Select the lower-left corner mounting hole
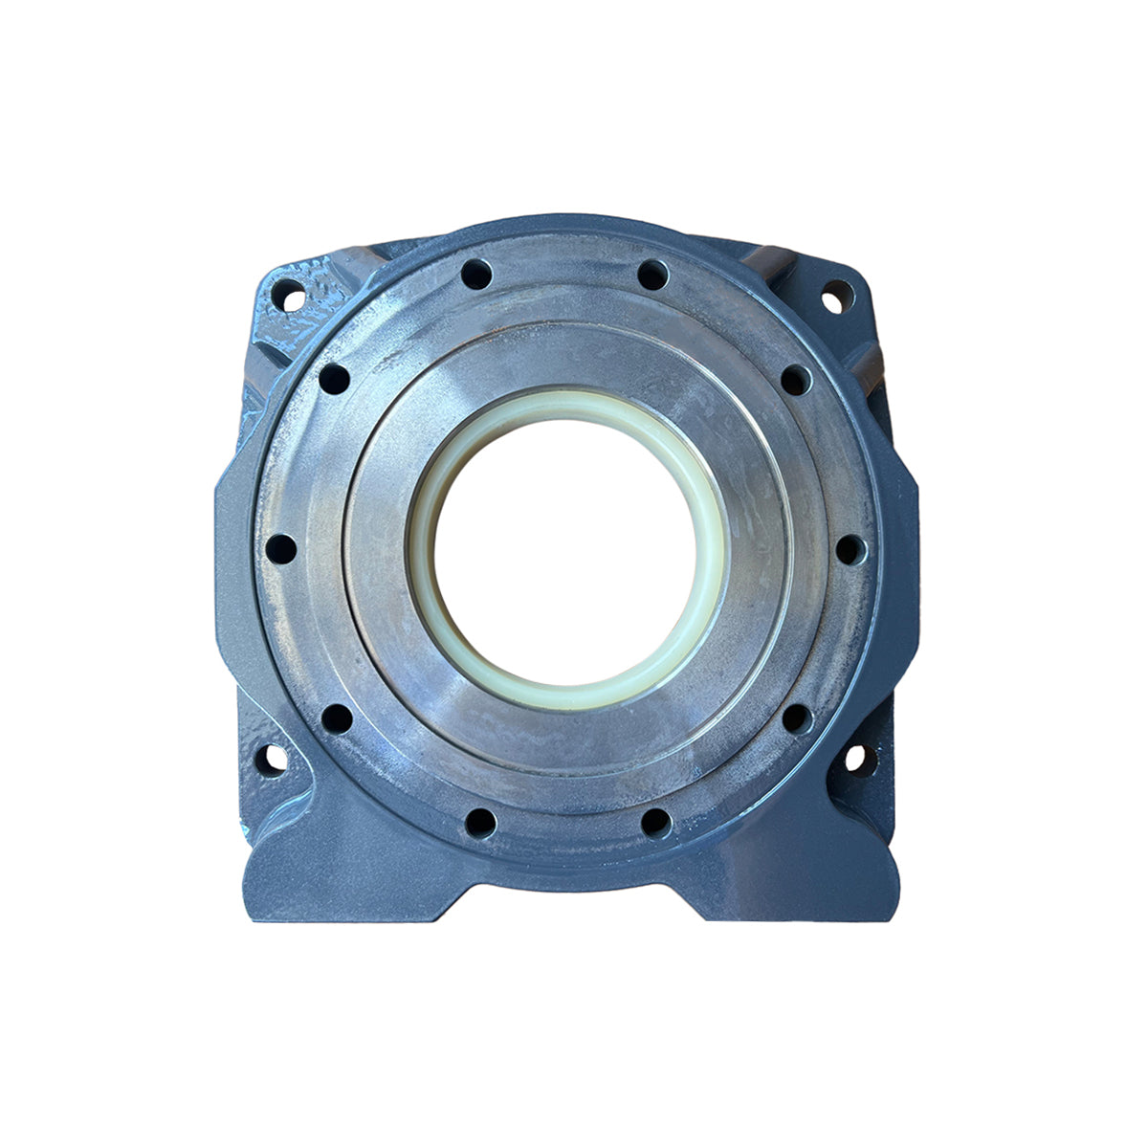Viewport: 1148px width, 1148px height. [271, 761]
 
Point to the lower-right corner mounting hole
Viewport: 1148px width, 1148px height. [854, 759]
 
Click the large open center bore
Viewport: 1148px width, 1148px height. [565, 549]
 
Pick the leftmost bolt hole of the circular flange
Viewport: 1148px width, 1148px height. [281, 549]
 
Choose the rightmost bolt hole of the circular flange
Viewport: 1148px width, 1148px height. [850, 549]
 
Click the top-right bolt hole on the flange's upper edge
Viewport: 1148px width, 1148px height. [652, 276]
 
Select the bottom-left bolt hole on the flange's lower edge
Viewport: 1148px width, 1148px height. [480, 823]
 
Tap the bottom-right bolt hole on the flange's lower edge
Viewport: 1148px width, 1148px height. [655, 823]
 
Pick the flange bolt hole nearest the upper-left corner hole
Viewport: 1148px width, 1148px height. [334, 379]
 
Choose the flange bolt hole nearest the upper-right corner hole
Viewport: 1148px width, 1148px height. [796, 380]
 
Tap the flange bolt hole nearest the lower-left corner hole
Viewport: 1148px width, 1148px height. [337, 717]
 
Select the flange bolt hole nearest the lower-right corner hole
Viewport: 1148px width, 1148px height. [797, 717]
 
